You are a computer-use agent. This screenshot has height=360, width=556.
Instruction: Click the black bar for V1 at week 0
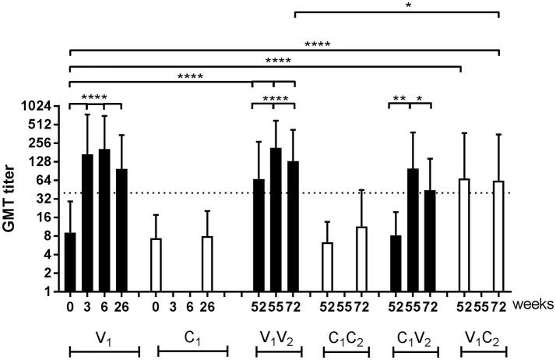click(70, 262)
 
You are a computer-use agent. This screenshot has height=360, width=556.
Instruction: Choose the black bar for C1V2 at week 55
click(413, 230)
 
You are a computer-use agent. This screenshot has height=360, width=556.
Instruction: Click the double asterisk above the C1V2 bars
click(399, 98)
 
